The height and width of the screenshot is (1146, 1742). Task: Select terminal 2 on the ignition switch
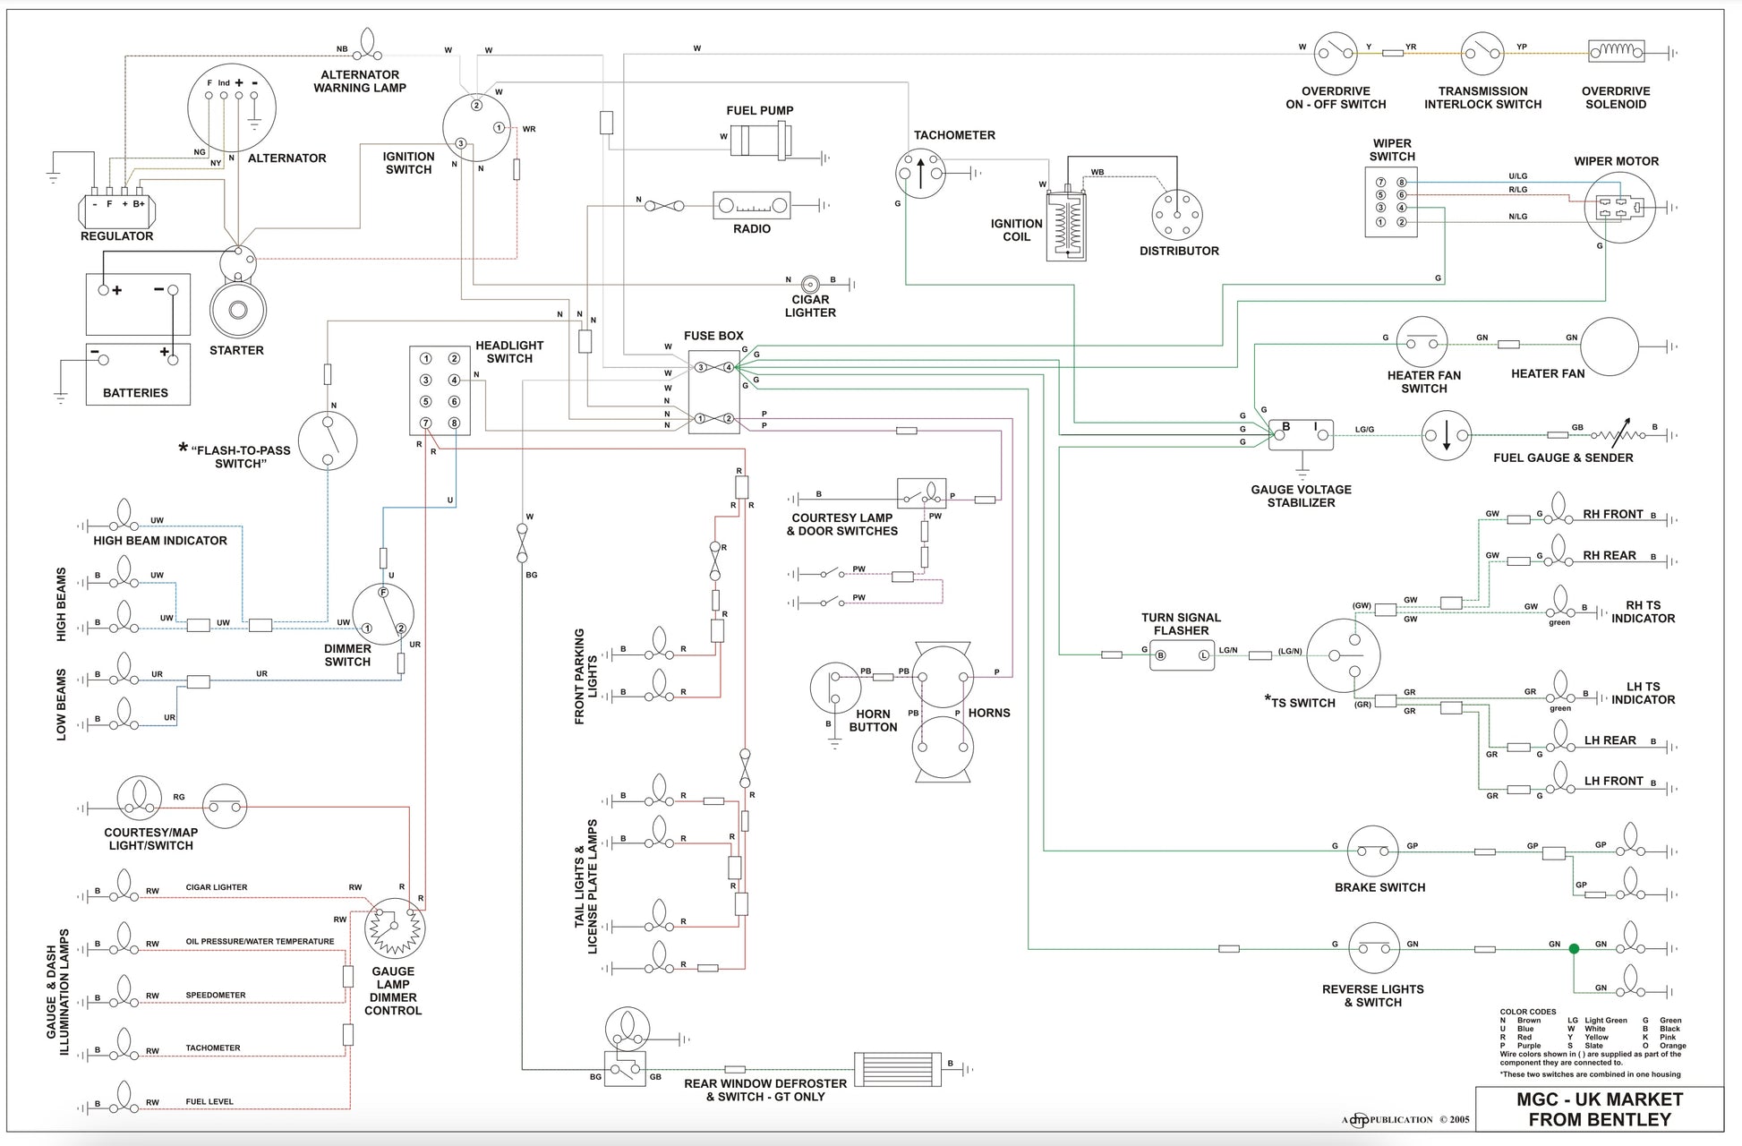click(x=477, y=106)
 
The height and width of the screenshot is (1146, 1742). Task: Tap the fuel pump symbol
click(x=761, y=141)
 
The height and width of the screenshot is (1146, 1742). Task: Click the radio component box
click(x=752, y=205)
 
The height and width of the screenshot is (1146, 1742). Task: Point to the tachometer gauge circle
click(x=920, y=173)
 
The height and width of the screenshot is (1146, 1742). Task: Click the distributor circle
click(x=1177, y=215)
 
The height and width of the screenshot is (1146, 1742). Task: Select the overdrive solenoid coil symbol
click(x=1616, y=52)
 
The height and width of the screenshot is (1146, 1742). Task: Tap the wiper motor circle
click(x=1619, y=207)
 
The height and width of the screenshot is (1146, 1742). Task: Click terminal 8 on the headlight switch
click(x=454, y=423)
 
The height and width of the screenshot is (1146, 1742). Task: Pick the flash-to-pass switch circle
click(x=328, y=440)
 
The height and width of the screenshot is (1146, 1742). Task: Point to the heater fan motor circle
click(x=1610, y=346)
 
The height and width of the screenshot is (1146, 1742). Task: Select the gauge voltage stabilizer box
click(x=1302, y=435)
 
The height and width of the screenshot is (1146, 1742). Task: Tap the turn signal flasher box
click(x=1182, y=655)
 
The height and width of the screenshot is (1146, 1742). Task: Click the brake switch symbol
click(x=1373, y=851)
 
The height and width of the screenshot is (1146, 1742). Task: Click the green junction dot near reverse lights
click(x=1574, y=949)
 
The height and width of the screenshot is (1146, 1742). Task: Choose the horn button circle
click(x=835, y=688)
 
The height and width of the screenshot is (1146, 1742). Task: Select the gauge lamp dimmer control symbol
click(x=395, y=928)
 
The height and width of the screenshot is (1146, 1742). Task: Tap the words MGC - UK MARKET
click(x=1600, y=1099)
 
